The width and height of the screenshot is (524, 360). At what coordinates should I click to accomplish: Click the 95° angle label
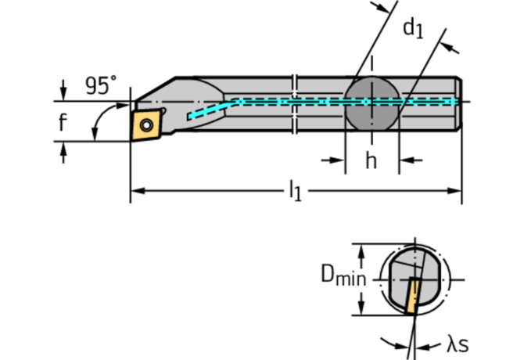[100, 86]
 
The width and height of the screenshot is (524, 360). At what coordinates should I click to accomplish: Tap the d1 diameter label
[412, 29]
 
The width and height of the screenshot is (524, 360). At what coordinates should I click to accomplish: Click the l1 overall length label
[295, 190]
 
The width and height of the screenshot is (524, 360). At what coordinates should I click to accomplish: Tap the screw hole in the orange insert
[146, 124]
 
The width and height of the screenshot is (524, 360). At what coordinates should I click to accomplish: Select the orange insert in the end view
[412, 295]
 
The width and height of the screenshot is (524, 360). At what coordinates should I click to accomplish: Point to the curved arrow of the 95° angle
[98, 124]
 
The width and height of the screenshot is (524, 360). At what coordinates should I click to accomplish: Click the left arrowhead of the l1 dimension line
[136, 189]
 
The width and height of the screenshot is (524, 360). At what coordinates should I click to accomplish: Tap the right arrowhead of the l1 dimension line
[455, 189]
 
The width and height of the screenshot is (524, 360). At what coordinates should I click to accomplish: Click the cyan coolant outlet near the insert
[191, 117]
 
